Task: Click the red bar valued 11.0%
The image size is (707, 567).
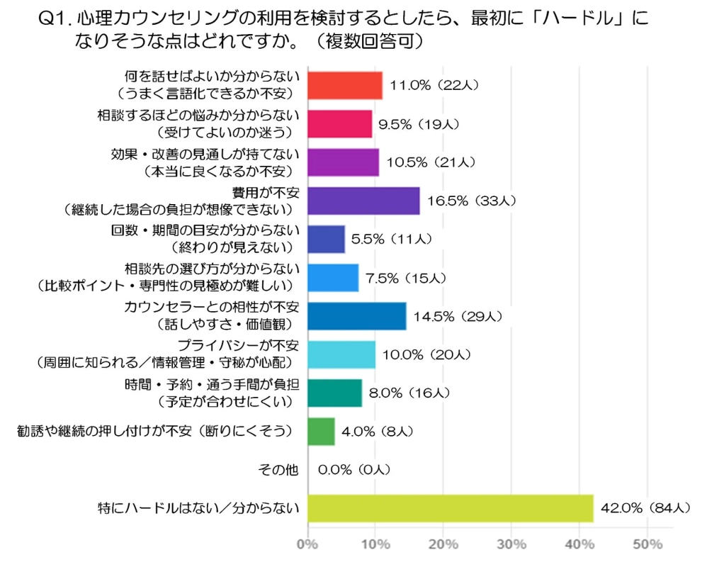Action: [x=345, y=86]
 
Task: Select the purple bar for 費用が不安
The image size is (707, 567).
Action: [x=363, y=201]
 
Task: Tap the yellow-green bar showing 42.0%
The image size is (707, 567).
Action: [x=451, y=507]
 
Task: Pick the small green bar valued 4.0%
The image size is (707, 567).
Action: [x=321, y=431]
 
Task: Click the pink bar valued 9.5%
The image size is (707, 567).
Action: [x=340, y=124]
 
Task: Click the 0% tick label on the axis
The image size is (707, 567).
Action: [x=307, y=544]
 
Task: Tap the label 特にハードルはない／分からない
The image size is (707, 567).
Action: [x=198, y=507]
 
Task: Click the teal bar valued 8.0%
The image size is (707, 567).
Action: [x=335, y=392]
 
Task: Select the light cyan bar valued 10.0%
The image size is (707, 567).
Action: [x=341, y=354]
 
